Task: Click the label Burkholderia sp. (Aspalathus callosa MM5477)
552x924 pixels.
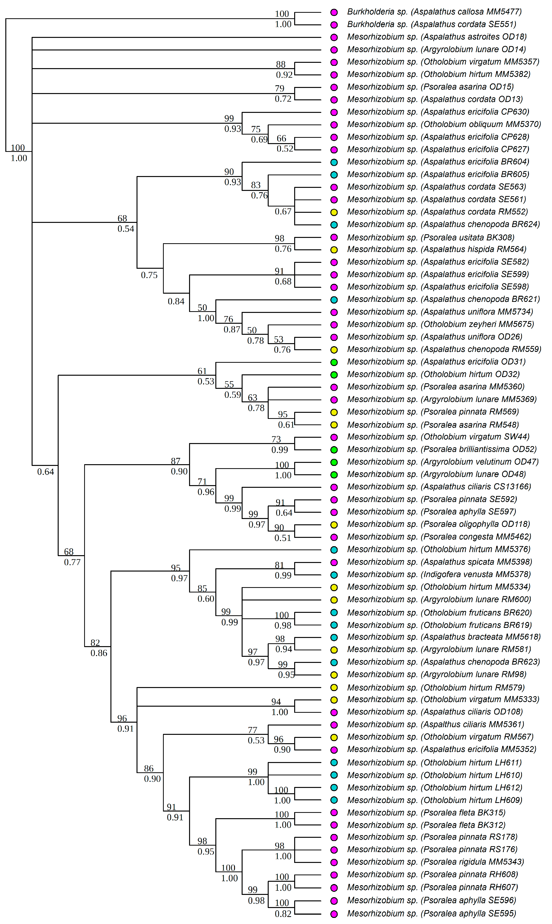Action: pyautogui.click(x=434, y=12)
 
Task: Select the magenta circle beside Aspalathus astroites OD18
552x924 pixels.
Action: pyautogui.click(x=334, y=37)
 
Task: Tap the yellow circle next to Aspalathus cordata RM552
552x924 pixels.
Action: pyautogui.click(x=334, y=212)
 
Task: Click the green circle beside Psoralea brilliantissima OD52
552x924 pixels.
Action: pyautogui.click(x=334, y=450)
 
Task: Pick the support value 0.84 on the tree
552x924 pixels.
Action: pyautogui.click(x=176, y=301)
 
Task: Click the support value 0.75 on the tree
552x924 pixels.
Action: pyautogui.click(x=149, y=275)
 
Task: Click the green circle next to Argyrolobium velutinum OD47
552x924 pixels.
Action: pyautogui.click(x=334, y=462)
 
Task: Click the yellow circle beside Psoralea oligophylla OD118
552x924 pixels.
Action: pyautogui.click(x=334, y=525)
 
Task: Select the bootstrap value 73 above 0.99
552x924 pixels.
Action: pyautogui.click(x=276, y=439)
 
